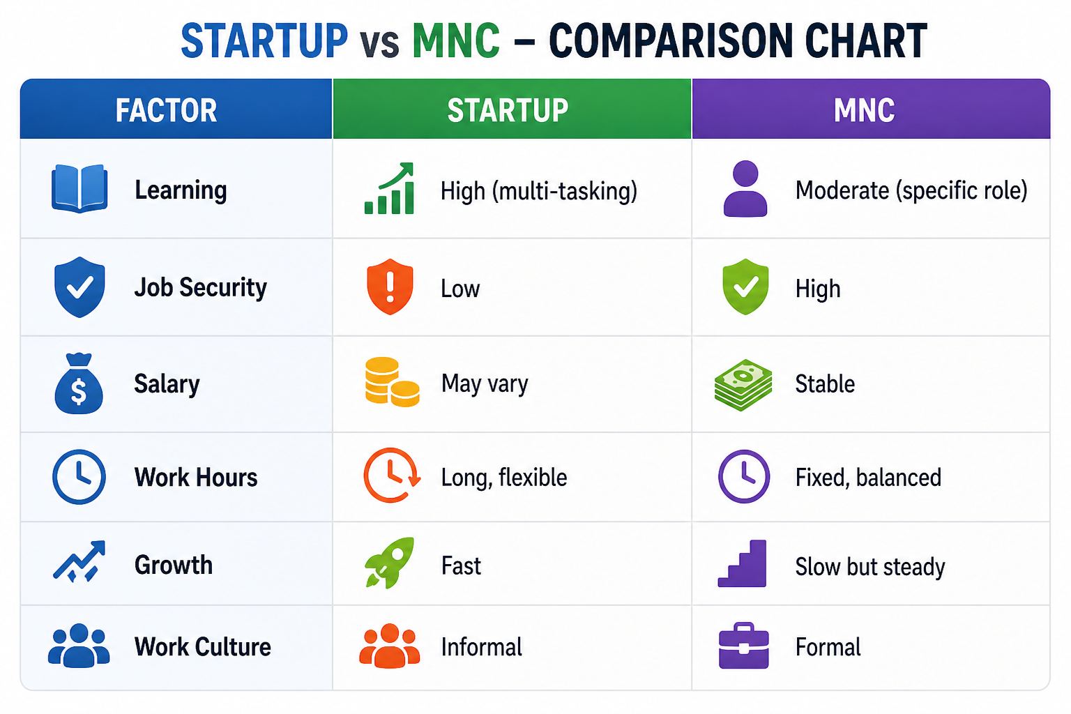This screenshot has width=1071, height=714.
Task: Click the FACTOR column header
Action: [x=166, y=110]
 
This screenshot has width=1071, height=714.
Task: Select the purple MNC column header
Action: [x=864, y=110]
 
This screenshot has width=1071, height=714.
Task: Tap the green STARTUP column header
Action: [x=508, y=110]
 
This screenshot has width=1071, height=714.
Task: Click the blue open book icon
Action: [x=79, y=188]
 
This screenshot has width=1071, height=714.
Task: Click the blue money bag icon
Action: [x=79, y=383]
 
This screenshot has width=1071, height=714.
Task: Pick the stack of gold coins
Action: [x=392, y=382]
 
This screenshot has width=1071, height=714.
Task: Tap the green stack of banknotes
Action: [x=743, y=384]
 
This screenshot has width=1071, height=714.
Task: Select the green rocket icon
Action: [x=389, y=563]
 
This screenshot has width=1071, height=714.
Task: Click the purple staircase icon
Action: [x=743, y=563]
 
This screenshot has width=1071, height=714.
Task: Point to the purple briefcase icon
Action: [x=744, y=645]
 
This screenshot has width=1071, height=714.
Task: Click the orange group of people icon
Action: [x=390, y=646]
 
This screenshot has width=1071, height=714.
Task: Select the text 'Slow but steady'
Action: [x=870, y=567]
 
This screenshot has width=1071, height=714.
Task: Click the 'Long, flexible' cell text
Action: [x=504, y=478]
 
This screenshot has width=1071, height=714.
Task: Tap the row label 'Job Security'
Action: [x=200, y=288]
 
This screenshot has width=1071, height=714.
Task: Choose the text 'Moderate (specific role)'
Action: [x=911, y=190]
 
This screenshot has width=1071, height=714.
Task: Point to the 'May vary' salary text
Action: [x=485, y=384]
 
